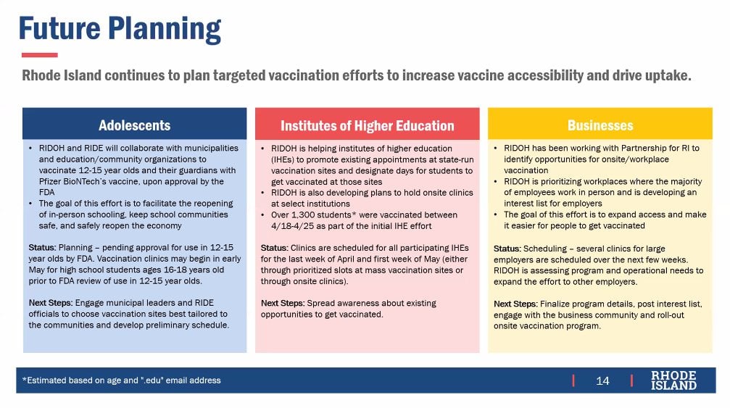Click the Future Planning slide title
120,29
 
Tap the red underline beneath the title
40,55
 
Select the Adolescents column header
135,125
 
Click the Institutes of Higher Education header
367,125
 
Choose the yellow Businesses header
600,125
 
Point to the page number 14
602,381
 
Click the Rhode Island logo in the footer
673,380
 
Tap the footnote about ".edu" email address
122,380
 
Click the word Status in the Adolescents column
42,248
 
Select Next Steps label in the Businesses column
515,304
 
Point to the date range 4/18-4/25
294,226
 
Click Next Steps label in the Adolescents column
50,303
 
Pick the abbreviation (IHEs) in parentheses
283,159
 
